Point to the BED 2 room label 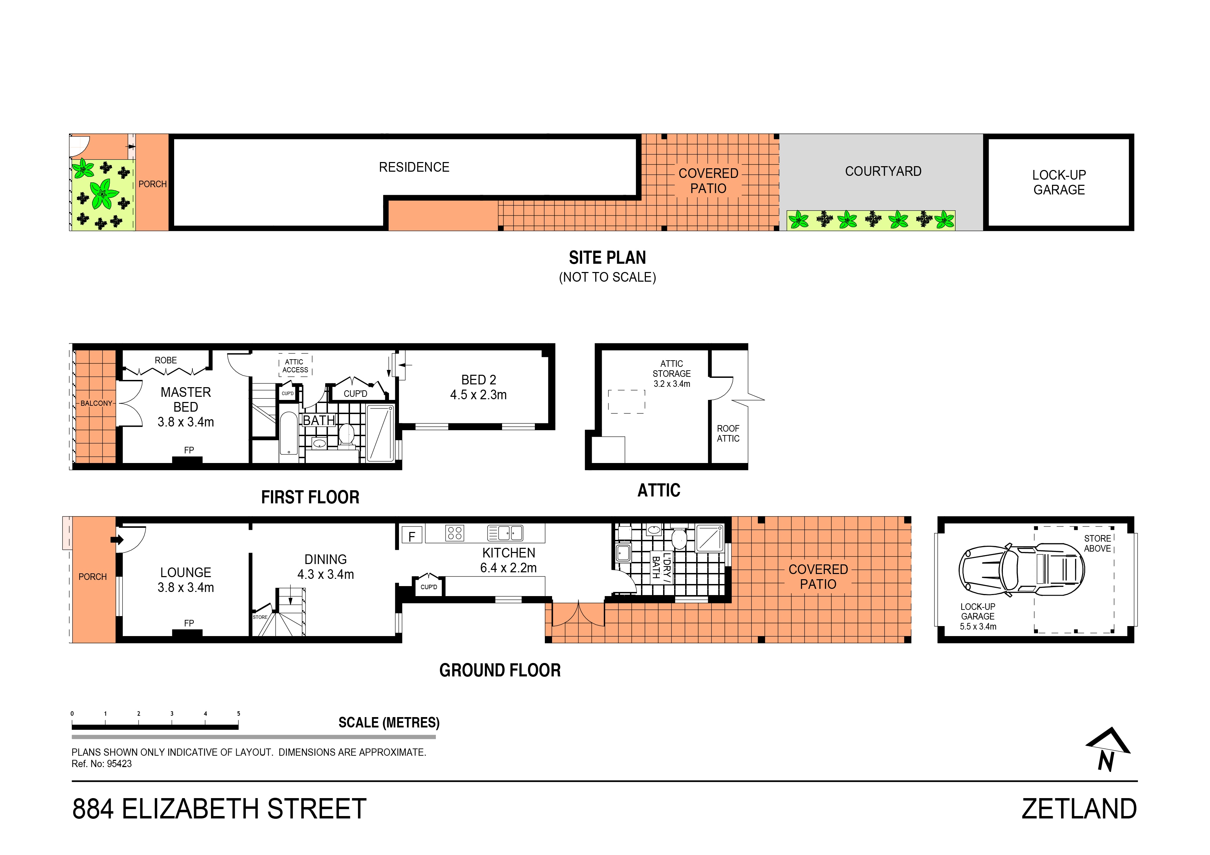(478, 387)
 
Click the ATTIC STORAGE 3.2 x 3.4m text (671, 373)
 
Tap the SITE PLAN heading (607, 258)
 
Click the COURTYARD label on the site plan (883, 171)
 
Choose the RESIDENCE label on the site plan (414, 167)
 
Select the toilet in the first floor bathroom (346, 435)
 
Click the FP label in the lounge (189, 623)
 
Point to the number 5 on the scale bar (238, 714)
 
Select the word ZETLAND (1079, 809)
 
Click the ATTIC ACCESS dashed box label (295, 365)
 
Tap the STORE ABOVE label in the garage (1097, 543)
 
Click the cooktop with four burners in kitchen (454, 533)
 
